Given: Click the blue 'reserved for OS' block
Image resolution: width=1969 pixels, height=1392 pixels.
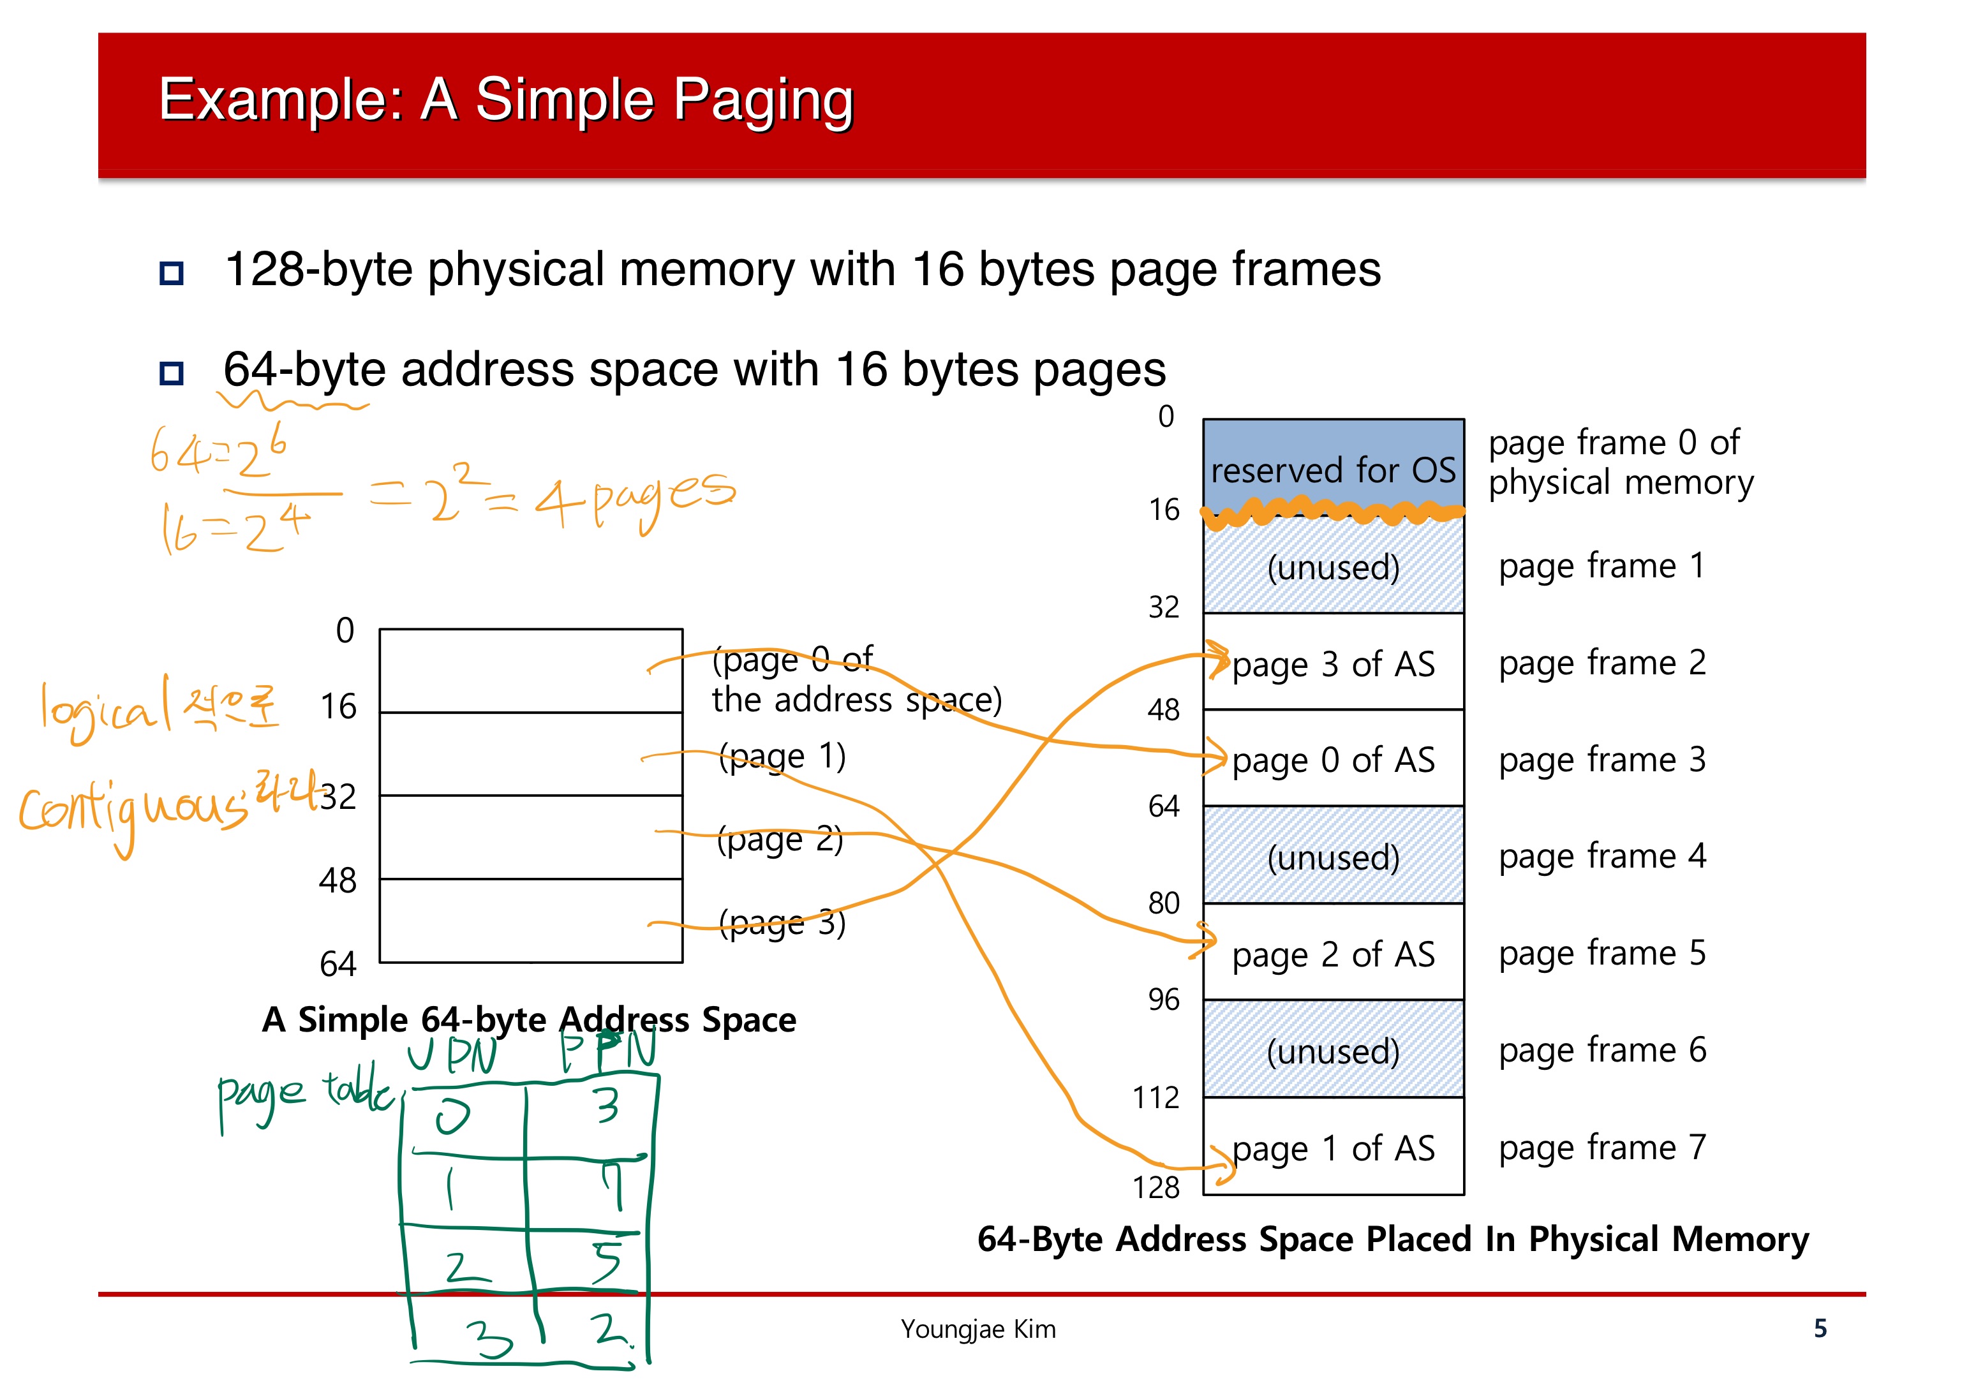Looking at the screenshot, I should pyautogui.click(x=1333, y=468).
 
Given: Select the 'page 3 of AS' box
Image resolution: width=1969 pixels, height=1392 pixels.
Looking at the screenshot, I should pyautogui.click(x=1333, y=663).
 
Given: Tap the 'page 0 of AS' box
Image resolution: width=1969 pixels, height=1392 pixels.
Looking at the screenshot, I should pyautogui.click(x=1333, y=759).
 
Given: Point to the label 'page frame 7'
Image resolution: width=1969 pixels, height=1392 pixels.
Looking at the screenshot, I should pyautogui.click(x=1602, y=1146).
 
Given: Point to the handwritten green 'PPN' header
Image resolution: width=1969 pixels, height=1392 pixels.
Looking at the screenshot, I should pyautogui.click(x=609, y=1050).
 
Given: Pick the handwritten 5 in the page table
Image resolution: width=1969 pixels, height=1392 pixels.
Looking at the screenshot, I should pyautogui.click(x=607, y=1261).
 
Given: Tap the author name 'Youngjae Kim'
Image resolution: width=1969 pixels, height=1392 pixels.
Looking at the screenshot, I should pyautogui.click(x=977, y=1329).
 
